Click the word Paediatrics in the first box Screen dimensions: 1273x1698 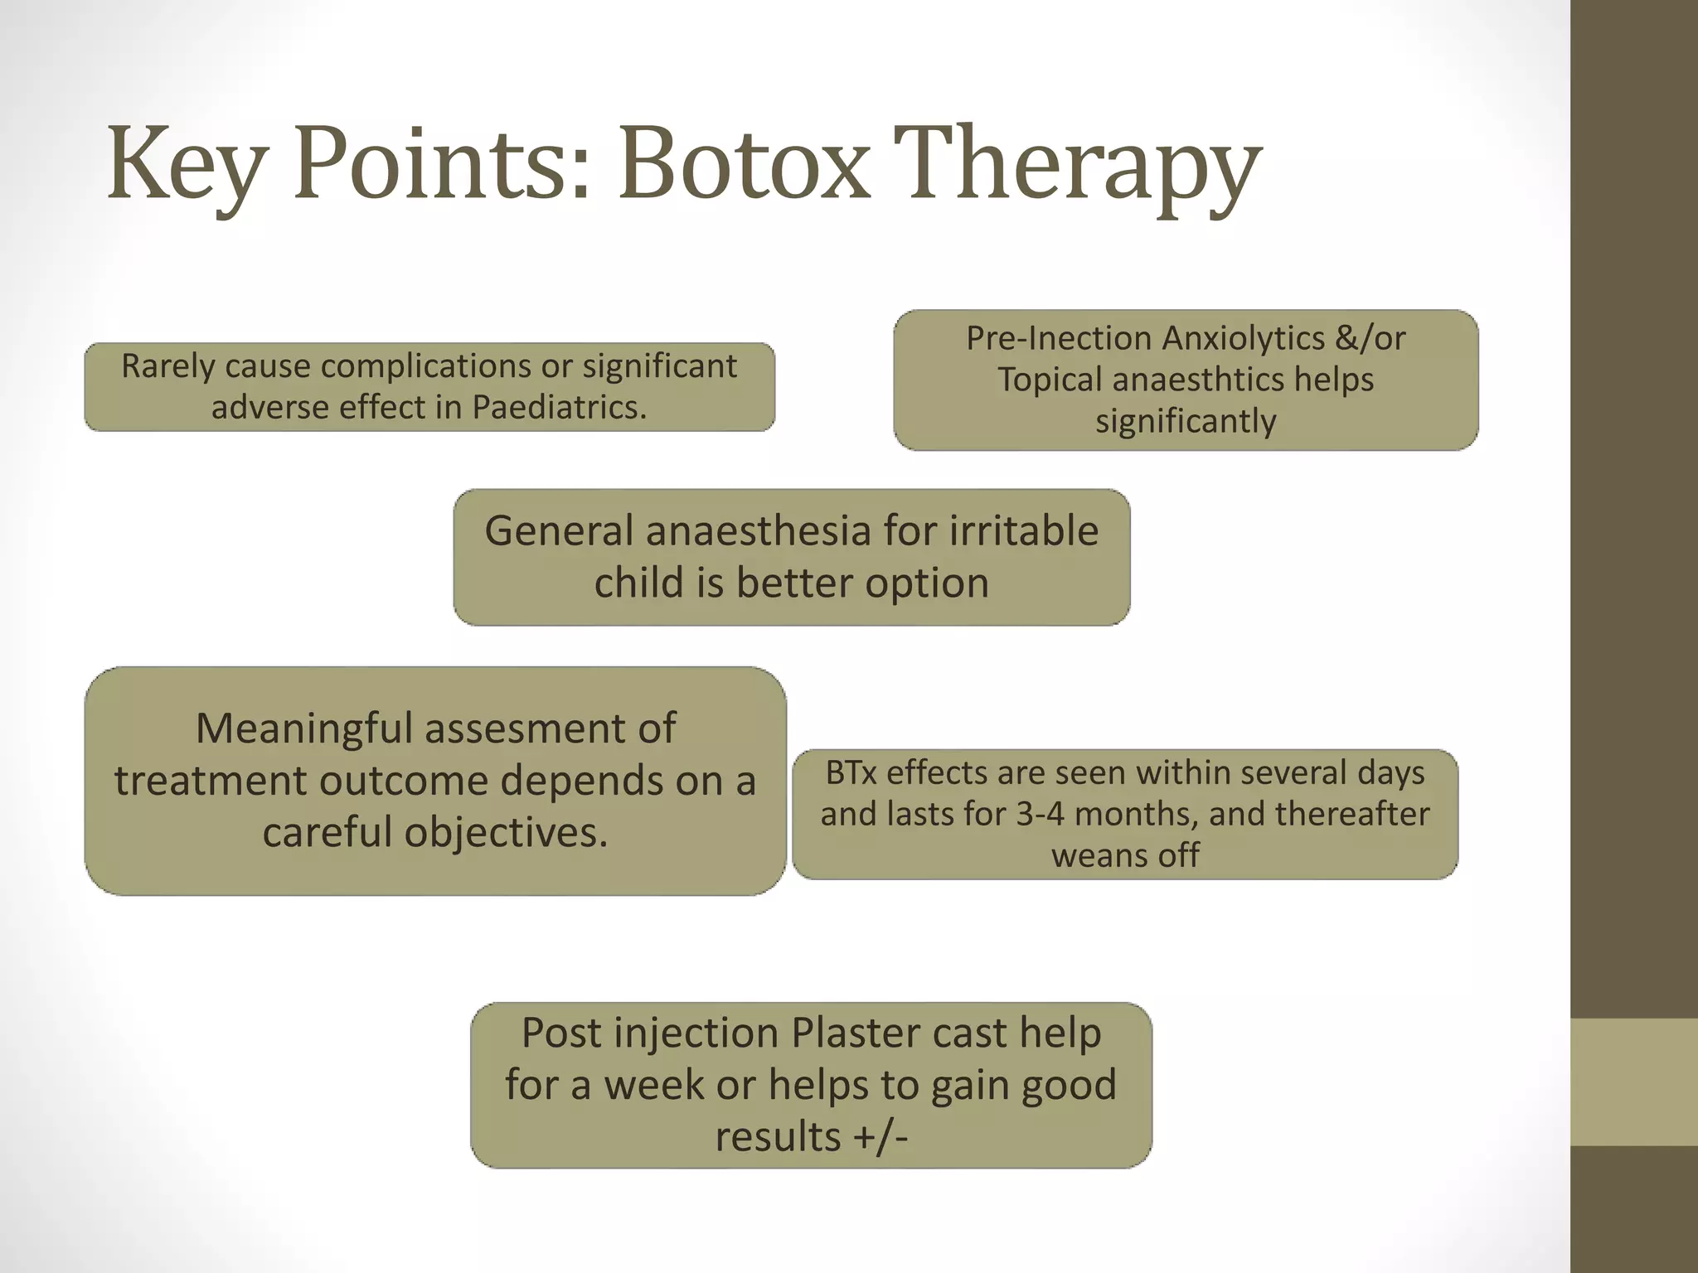559,407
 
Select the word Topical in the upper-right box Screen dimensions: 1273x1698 1050,380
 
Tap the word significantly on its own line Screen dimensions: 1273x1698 1186,421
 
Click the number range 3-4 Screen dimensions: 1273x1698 1040,814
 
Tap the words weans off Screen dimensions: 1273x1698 1125,855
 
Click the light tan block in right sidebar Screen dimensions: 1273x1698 1633,1082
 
